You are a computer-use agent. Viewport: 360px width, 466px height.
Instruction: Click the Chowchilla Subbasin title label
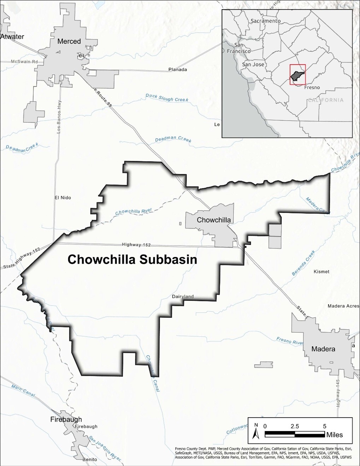pos(132,259)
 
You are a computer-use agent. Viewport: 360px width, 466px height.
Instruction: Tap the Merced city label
pos(69,41)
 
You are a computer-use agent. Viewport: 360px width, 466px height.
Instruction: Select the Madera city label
pos(323,349)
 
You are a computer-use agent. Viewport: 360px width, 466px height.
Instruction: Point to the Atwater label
pos(12,37)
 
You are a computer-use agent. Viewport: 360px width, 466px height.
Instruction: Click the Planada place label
pos(177,70)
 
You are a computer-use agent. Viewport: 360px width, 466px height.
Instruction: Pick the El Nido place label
pos(63,198)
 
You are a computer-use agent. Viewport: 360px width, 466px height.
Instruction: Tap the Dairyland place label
pos(183,297)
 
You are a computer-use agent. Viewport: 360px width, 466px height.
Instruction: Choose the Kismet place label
pos(321,271)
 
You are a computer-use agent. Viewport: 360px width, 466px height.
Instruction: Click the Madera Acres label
pos(343,306)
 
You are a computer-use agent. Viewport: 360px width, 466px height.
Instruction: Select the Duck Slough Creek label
pos(167,98)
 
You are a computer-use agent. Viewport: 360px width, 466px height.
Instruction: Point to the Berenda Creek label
pos(303,263)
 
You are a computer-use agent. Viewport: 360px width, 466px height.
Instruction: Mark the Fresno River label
pos(290,341)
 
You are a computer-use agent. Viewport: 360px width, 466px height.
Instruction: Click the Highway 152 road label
pos(136,245)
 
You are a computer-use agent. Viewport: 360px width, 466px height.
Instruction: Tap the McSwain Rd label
pos(24,61)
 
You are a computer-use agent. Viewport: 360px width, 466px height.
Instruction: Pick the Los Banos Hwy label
pos(59,116)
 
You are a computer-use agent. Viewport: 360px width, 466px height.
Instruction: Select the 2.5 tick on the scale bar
pos(294,426)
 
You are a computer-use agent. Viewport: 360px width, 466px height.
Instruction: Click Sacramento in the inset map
pos(265,21)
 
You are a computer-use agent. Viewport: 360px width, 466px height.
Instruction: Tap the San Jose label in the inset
pos(253,65)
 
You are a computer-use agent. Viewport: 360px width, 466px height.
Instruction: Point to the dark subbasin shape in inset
pos(297,75)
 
